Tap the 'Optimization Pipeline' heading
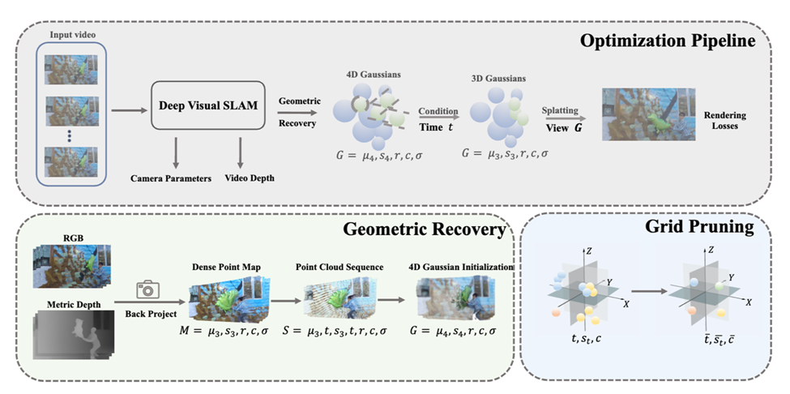pyautogui.click(x=674, y=41)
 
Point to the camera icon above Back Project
pyautogui.click(x=147, y=289)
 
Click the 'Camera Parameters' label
pyautogui.click(x=170, y=178)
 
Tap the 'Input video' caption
pyautogui.click(x=71, y=33)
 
